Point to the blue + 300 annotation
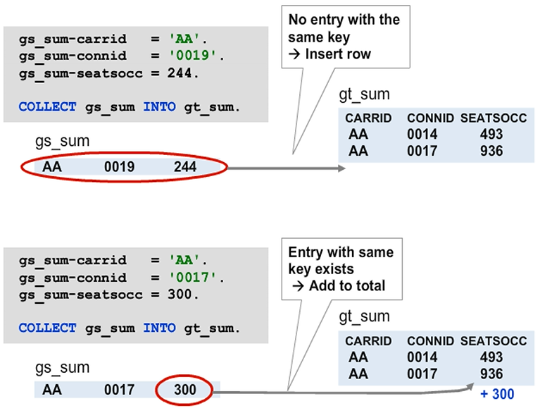(x=497, y=394)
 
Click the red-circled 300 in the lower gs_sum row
(x=185, y=388)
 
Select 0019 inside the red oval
(x=119, y=167)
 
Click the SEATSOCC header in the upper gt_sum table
(x=494, y=118)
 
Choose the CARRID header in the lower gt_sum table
(x=368, y=341)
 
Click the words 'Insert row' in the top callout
(x=339, y=54)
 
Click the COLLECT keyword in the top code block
(x=47, y=107)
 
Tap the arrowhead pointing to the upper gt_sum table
(x=341, y=168)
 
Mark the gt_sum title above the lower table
(x=364, y=317)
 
